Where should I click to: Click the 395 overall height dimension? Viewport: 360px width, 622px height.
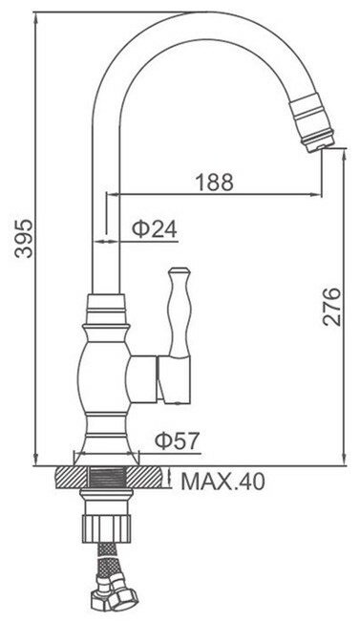pyautogui.click(x=24, y=238)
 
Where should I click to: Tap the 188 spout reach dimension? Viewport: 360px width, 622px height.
pyautogui.click(x=215, y=182)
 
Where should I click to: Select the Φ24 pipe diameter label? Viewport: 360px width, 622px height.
pyautogui.click(x=155, y=229)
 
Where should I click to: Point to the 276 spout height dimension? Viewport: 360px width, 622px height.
pyautogui.click(x=331, y=307)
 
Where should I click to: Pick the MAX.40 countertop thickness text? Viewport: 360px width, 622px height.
pyautogui.click(x=222, y=482)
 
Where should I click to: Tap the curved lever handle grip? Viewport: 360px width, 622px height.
pyautogui.click(x=180, y=311)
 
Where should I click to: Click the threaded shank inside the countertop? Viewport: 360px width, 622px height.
pyautogui.click(x=106, y=477)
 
